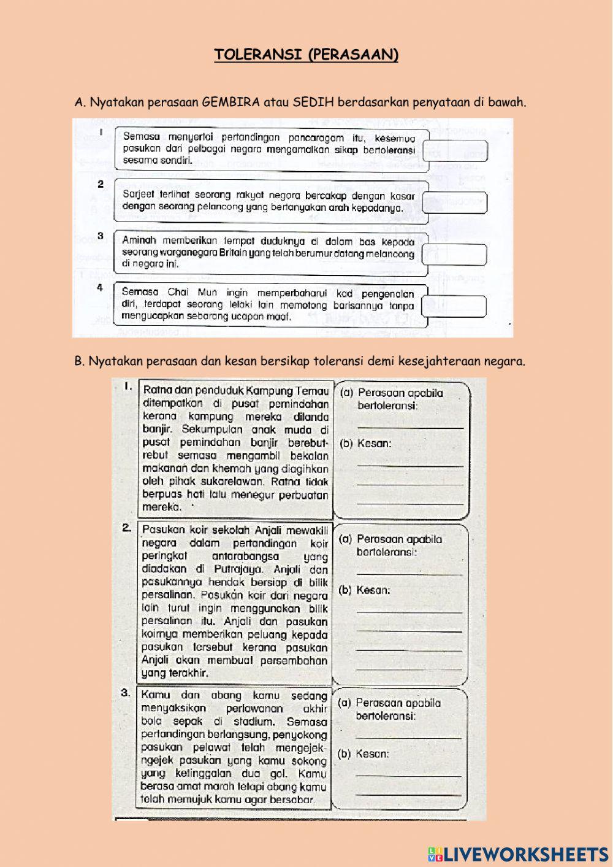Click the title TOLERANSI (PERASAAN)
click(306, 55)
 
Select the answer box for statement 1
click(455, 151)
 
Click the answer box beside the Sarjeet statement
click(455, 202)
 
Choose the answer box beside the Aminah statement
click(455, 254)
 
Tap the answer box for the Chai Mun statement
click(454, 306)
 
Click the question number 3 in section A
click(101, 236)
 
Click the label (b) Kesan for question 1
click(365, 443)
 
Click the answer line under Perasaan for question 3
click(408, 738)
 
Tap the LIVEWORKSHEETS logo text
click(526, 854)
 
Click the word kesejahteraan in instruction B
click(443, 361)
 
